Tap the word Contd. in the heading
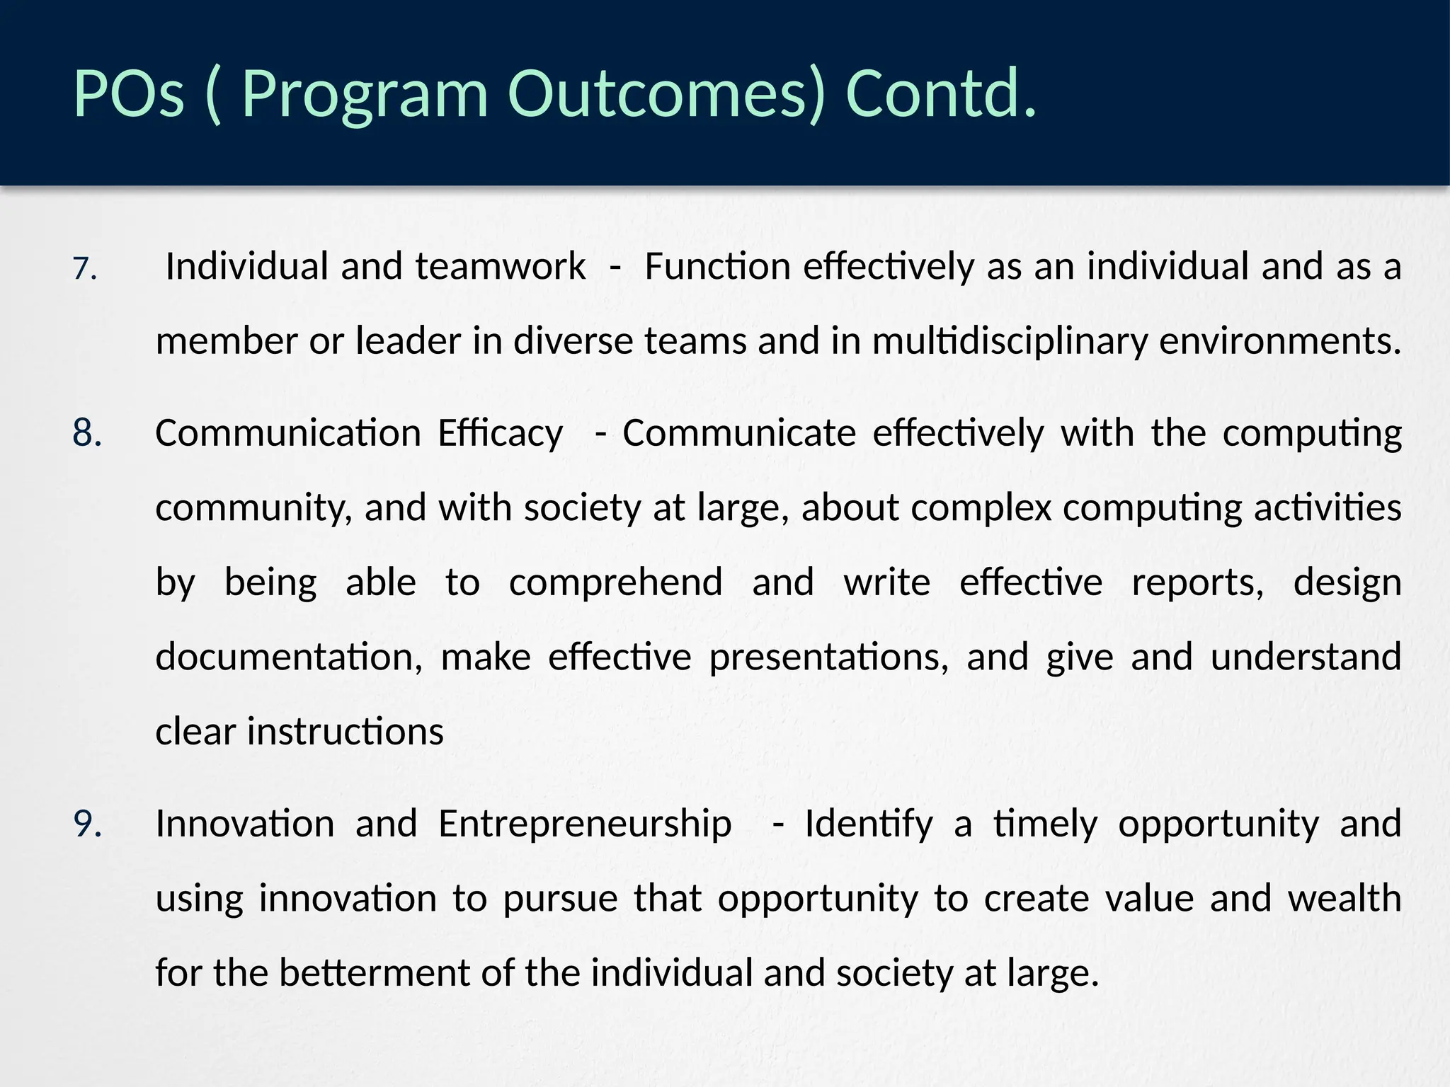point(941,94)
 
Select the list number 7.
point(85,269)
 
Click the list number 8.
point(87,432)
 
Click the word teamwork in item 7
point(501,267)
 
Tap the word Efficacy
point(500,434)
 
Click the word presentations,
point(828,657)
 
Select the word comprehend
point(615,582)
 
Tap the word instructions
point(345,732)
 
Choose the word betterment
point(375,973)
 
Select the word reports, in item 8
point(1197,582)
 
